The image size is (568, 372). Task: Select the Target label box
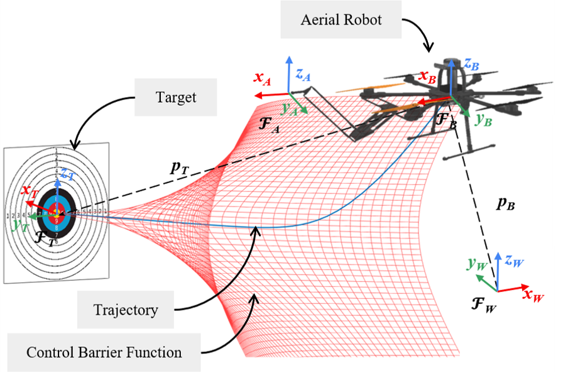tap(175, 98)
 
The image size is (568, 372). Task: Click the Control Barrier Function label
tap(104, 352)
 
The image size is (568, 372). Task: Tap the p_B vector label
tap(506, 205)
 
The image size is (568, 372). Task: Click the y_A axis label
tap(290, 109)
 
